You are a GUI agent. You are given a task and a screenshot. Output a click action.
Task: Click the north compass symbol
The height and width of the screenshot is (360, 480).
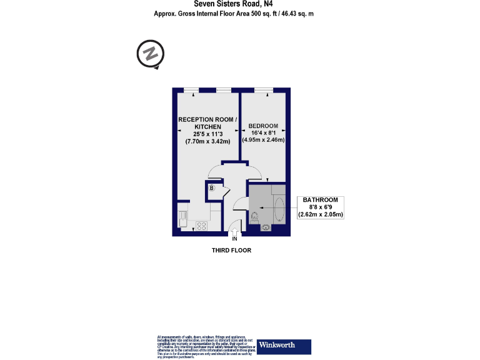[x=150, y=54]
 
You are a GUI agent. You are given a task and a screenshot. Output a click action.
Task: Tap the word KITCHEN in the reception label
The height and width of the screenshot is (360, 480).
[x=207, y=126]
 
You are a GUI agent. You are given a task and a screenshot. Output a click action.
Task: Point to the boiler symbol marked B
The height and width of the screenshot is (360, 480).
[x=212, y=187]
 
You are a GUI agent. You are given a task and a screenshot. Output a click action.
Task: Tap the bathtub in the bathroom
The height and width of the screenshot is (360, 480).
[x=279, y=209]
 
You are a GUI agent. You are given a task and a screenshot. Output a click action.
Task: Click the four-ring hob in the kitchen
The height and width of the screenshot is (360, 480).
[x=202, y=226]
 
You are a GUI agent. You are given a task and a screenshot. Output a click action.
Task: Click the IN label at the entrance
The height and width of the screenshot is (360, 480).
[x=235, y=239]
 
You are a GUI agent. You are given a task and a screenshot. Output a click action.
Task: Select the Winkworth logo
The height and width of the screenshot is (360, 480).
[x=284, y=346]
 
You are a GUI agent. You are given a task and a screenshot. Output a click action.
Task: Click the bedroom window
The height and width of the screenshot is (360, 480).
[x=262, y=90]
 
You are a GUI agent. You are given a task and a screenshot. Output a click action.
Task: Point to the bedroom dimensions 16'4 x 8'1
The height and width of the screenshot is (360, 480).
[x=263, y=132]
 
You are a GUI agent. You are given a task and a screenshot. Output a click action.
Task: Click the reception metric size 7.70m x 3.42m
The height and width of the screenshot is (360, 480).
[x=207, y=141]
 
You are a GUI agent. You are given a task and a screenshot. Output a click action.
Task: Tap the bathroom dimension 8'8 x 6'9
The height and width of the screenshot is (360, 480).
[x=321, y=207]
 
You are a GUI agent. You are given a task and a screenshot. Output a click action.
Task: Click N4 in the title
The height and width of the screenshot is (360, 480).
[x=266, y=3]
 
